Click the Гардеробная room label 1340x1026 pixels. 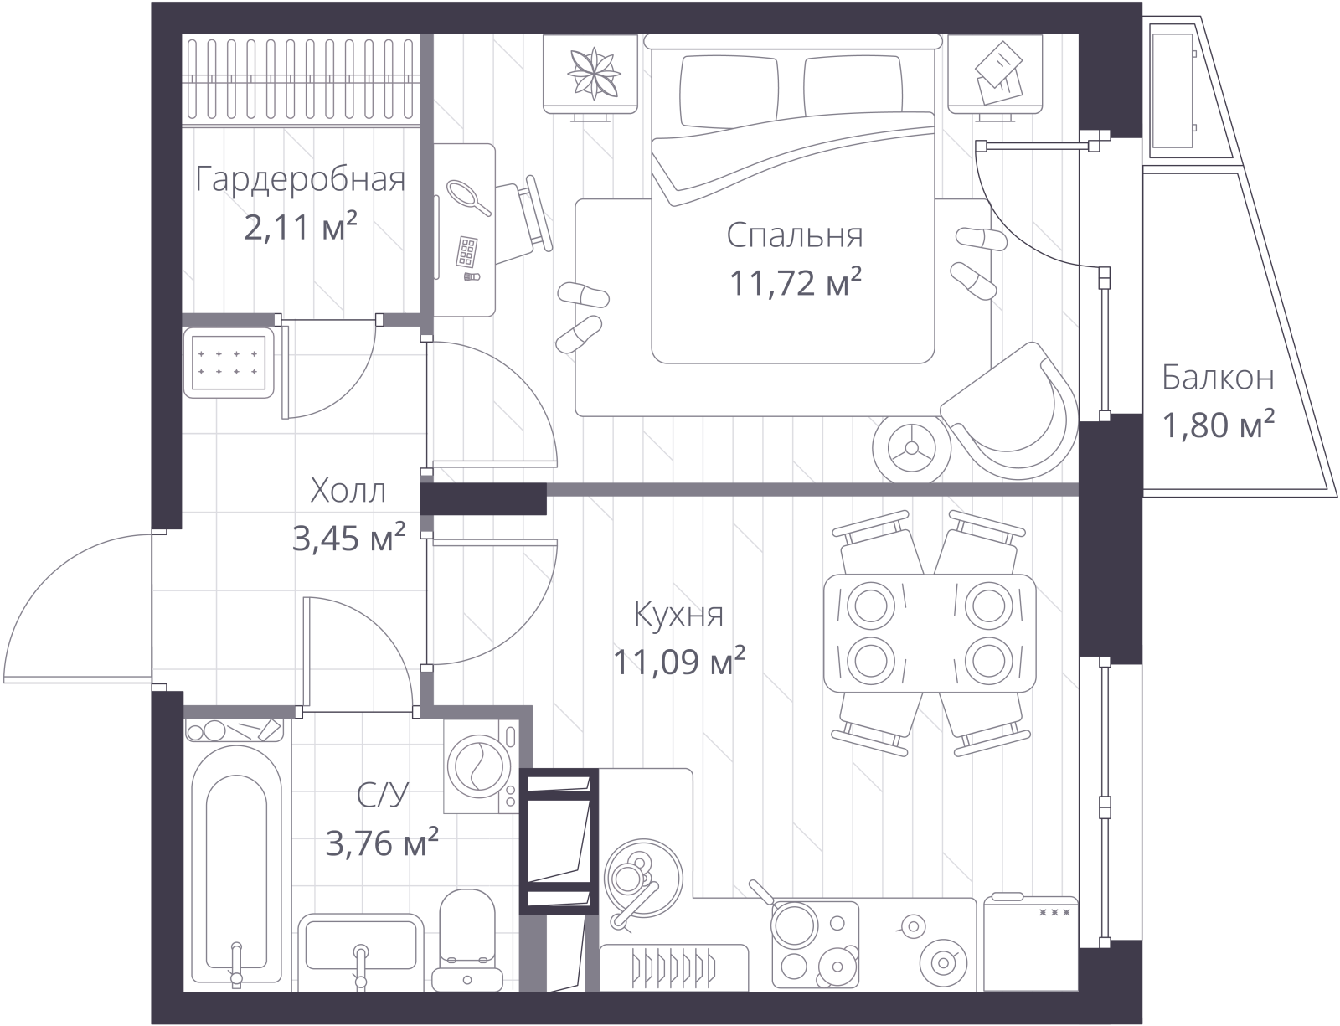[301, 180]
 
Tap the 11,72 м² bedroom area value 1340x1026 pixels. [795, 282]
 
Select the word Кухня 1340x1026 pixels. [678, 614]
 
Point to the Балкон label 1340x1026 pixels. [1218, 378]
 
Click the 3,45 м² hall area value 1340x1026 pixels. [348, 538]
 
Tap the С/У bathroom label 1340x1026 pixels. [383, 796]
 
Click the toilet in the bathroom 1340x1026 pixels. [467, 940]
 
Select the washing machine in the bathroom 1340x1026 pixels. [481, 767]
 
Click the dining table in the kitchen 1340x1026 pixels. [930, 632]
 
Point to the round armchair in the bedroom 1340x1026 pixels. [1009, 410]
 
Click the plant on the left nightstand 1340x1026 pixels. [594, 74]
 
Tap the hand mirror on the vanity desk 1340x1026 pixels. [469, 198]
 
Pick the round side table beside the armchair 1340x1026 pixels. [911, 449]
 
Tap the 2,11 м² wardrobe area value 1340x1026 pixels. [301, 227]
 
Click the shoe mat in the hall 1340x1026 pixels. [228, 363]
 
